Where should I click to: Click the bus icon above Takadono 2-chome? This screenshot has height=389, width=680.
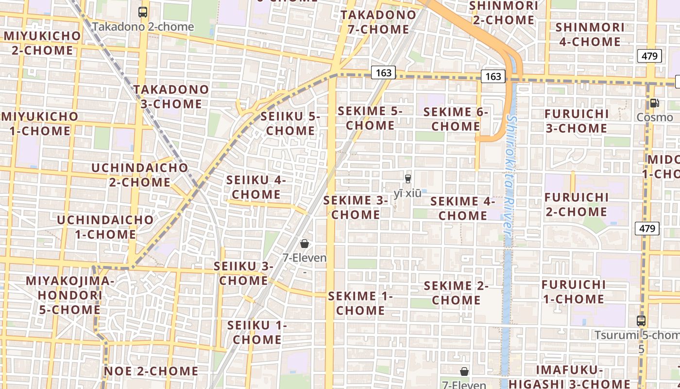[142, 12]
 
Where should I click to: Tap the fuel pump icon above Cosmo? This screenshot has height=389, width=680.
[654, 103]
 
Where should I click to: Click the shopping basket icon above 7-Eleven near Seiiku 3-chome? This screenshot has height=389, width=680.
[305, 244]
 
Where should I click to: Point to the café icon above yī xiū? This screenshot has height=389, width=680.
[408, 178]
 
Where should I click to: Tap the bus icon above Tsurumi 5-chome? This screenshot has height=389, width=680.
[641, 321]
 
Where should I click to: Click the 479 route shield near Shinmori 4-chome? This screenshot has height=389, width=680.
[649, 56]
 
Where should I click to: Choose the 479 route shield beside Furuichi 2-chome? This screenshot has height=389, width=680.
[646, 228]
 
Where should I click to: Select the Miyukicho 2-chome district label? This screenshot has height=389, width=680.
[42, 43]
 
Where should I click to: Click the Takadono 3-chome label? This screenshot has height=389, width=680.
[171, 96]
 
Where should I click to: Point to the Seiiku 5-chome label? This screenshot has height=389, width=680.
[290, 124]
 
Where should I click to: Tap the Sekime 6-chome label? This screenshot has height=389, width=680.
[456, 119]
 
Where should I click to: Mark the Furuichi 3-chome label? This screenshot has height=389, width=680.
[577, 121]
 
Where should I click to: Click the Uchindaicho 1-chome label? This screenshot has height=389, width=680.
[105, 227]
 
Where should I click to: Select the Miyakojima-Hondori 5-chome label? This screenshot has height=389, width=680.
[70, 295]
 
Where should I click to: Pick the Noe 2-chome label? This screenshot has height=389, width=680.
[151, 371]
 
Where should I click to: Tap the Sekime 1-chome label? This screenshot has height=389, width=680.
[360, 303]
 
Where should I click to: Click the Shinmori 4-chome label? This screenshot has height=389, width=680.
[590, 34]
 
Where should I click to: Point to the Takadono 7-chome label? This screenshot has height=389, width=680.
[378, 22]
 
